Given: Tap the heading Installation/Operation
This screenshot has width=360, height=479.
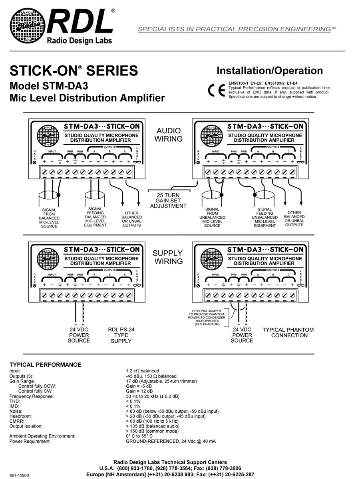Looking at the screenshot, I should [x=269, y=71].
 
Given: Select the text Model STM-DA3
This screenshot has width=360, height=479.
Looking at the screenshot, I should [x=49, y=86].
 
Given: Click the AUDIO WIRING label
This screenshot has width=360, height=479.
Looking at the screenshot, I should [x=169, y=135].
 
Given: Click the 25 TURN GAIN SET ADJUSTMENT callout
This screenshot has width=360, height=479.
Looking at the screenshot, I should [x=168, y=200].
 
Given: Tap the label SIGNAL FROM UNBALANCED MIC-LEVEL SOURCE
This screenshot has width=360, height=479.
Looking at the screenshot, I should [x=212, y=218].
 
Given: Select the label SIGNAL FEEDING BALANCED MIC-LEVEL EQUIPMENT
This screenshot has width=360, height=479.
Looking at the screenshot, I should [x=95, y=217].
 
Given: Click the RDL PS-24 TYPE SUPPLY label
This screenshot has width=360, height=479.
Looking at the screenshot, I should [x=121, y=335].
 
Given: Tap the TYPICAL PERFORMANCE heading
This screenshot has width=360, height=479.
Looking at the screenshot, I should [x=45, y=365].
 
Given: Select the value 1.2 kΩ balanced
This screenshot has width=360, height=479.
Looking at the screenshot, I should [x=143, y=371].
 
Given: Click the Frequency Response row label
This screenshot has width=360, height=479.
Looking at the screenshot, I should [x=32, y=396].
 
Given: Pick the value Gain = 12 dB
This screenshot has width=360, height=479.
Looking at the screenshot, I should [x=139, y=391].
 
